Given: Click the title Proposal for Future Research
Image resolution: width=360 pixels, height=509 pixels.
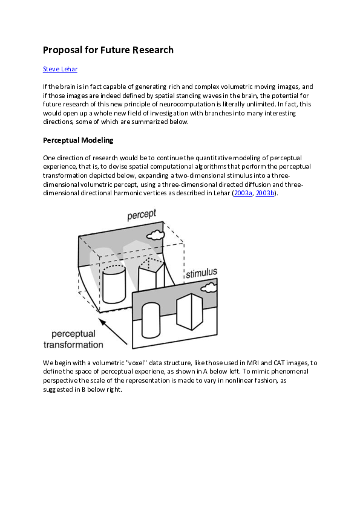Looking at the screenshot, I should (108, 50).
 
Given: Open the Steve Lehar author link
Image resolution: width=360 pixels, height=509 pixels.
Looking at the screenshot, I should (60, 70).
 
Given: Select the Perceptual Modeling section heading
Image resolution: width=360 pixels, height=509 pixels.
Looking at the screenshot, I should (78, 140).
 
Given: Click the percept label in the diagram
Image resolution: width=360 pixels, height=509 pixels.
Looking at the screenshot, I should (142, 215).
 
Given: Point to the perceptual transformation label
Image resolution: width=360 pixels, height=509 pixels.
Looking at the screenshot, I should (73, 339).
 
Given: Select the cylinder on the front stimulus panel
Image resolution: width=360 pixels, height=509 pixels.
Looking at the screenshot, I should (151, 320).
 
